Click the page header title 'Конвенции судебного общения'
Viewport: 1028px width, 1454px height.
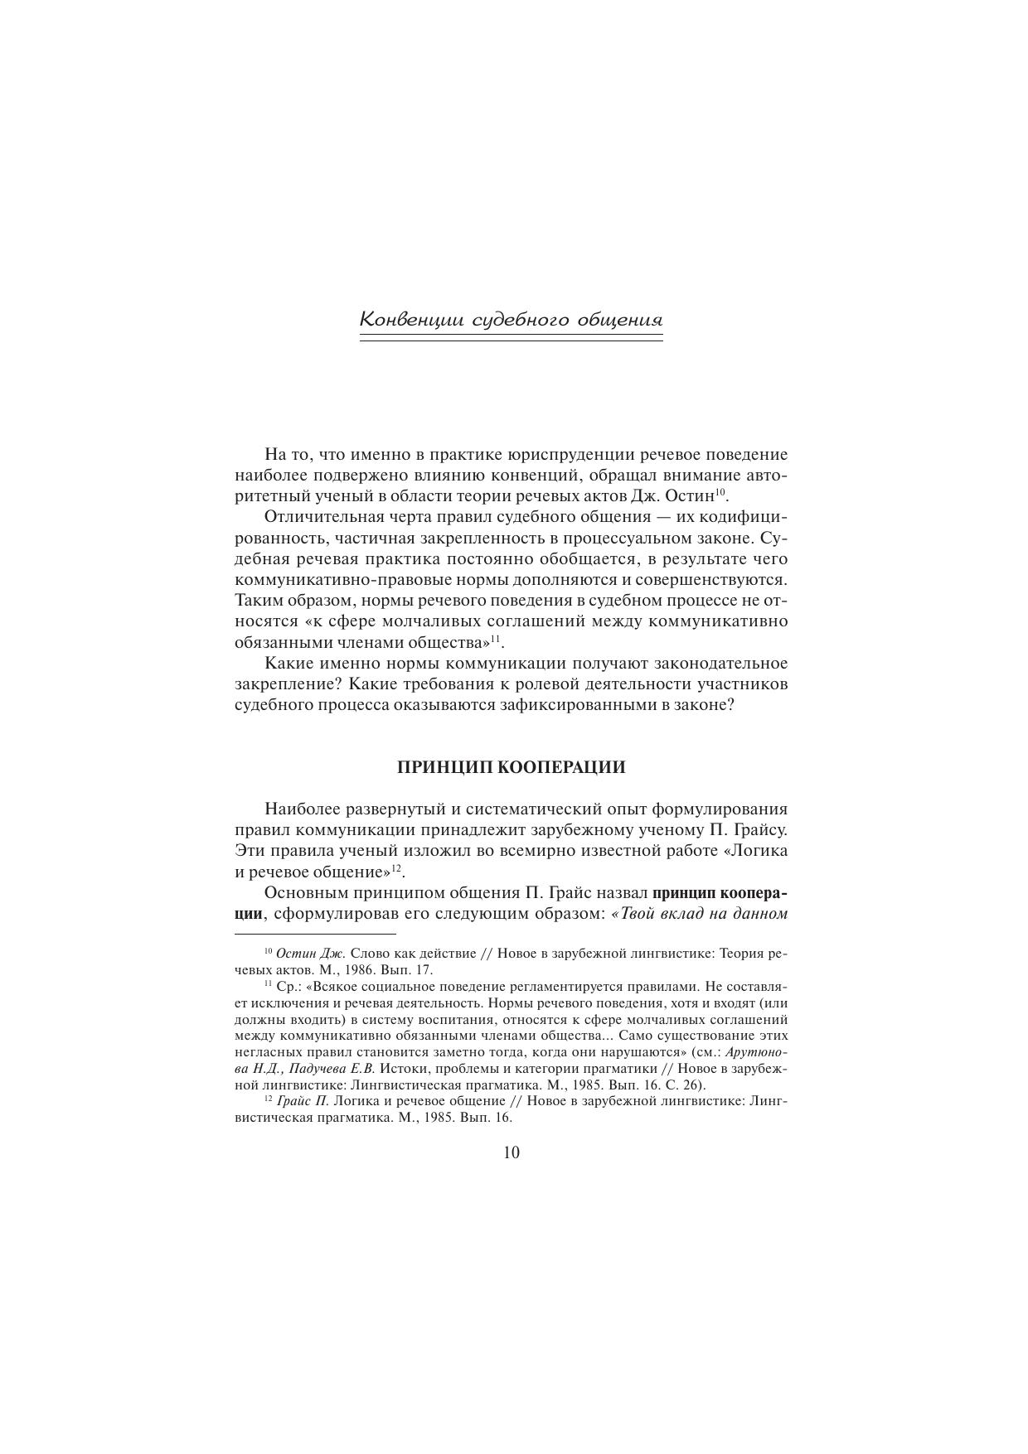pos(512,320)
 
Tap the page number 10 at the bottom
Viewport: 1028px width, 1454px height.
pos(512,1152)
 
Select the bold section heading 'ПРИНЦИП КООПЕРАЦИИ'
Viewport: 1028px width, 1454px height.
pos(512,767)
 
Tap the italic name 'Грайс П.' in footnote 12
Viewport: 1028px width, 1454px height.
pos(303,1101)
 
